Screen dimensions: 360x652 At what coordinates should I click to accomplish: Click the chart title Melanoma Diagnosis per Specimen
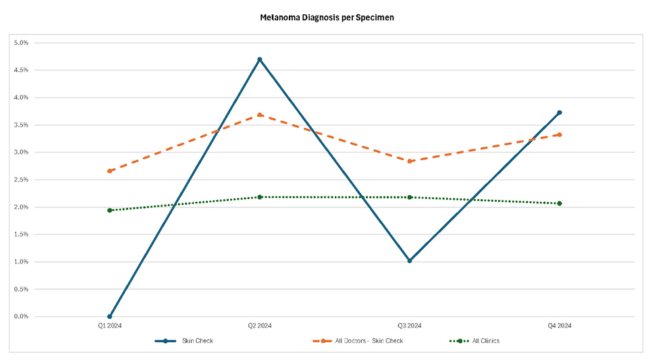(327, 18)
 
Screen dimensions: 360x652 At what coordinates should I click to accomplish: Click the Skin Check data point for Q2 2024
(260, 59)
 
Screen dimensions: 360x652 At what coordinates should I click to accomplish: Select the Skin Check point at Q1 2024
(109, 316)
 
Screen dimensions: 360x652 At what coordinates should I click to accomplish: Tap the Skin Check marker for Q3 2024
(410, 261)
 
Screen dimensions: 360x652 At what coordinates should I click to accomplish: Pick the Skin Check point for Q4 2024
(560, 113)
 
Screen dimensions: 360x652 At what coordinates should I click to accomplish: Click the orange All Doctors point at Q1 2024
(109, 171)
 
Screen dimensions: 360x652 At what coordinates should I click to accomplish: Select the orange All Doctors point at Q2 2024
(260, 115)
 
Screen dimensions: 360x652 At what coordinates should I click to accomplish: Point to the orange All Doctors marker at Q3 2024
(410, 161)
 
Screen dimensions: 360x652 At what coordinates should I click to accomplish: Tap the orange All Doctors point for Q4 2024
(560, 134)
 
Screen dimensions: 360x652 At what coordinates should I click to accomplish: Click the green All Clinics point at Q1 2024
(109, 210)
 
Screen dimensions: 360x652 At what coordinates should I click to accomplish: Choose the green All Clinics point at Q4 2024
(560, 203)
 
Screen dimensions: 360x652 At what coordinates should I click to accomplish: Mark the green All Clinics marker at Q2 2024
(260, 197)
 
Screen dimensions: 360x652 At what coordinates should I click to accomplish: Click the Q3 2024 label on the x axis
(410, 326)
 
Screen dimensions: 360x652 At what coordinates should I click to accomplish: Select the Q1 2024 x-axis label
(109, 326)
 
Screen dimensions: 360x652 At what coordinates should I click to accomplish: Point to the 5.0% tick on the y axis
(22, 43)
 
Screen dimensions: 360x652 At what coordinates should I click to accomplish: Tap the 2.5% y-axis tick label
(22, 180)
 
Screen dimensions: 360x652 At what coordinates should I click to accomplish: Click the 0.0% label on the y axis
(22, 316)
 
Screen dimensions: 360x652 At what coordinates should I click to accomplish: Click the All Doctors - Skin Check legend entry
(369, 341)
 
